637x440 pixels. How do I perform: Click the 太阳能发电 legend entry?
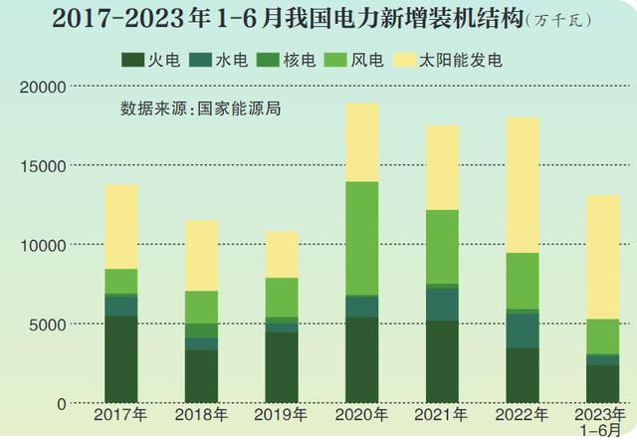coord(453,61)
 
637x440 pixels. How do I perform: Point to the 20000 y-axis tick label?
coord(43,88)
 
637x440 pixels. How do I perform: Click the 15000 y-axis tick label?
coord(43,166)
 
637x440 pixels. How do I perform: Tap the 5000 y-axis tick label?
coord(47,325)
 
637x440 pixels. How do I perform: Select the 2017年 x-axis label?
coord(120,413)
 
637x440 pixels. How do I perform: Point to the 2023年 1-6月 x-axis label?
coord(601,419)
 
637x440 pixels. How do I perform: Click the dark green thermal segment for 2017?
coord(120,358)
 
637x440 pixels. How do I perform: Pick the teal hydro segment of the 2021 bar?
coord(442,305)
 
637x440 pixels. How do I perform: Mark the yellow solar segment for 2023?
coord(602,256)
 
